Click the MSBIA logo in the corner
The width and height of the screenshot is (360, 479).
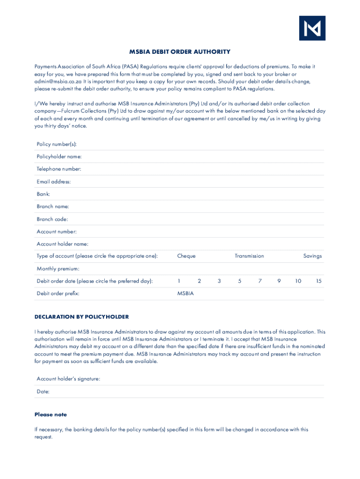pos(312,28)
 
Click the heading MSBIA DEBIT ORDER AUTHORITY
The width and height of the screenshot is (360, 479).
pos(180,52)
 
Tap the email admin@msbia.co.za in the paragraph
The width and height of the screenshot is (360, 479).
pos(58,81)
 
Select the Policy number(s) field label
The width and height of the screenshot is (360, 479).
pos(57,144)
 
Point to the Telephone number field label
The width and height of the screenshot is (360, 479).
pos(59,169)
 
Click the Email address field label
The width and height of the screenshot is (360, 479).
pos(54,181)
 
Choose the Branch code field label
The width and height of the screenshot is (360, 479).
pos(52,219)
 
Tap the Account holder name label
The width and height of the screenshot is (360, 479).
pos(62,244)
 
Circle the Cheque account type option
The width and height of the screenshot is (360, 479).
pos(186,256)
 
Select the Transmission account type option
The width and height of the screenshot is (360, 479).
pos(249,256)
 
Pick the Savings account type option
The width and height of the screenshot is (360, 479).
pos(312,256)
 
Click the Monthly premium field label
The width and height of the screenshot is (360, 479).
pos(58,269)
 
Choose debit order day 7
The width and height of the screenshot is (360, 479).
pos(260,281)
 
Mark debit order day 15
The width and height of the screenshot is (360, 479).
pos(318,281)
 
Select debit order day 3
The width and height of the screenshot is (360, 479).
pos(219,281)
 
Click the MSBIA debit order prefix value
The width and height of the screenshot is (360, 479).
pos(185,294)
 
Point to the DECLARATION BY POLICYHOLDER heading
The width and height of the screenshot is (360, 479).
pos(81,317)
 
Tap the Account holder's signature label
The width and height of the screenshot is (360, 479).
pos(68,379)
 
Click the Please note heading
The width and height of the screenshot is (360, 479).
pos(50,414)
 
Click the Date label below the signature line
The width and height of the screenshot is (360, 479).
pos(43,392)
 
